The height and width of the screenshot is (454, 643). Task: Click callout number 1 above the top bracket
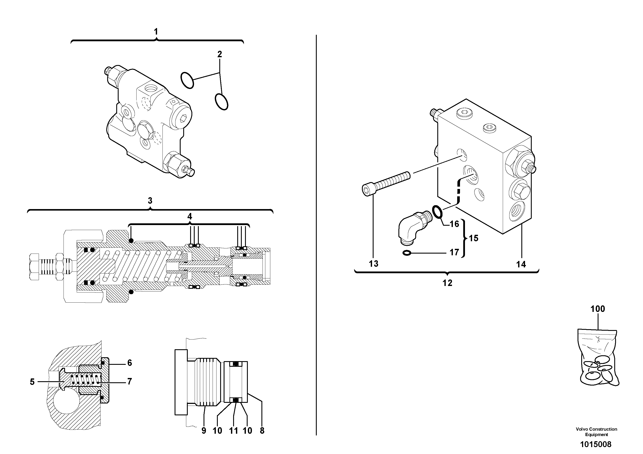[156, 32]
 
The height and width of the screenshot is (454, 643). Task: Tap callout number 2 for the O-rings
[220, 54]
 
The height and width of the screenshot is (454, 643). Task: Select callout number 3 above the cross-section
[150, 201]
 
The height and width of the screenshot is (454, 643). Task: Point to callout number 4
[190, 216]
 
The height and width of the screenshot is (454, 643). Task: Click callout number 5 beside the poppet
[32, 382]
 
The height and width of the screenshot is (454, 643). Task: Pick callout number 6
[129, 363]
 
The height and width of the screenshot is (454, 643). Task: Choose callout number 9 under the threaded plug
[204, 430]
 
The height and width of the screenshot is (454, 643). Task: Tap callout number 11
[233, 430]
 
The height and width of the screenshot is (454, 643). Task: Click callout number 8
[262, 430]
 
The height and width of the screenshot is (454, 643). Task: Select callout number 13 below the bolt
[374, 264]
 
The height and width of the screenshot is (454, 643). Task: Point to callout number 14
[521, 264]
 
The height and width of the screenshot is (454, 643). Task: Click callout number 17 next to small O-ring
[454, 252]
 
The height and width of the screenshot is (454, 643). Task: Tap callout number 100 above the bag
[598, 309]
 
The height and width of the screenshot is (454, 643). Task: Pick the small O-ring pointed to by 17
[407, 253]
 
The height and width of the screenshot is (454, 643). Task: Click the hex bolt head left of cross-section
[34, 267]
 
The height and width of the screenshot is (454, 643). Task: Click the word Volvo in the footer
[582, 429]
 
